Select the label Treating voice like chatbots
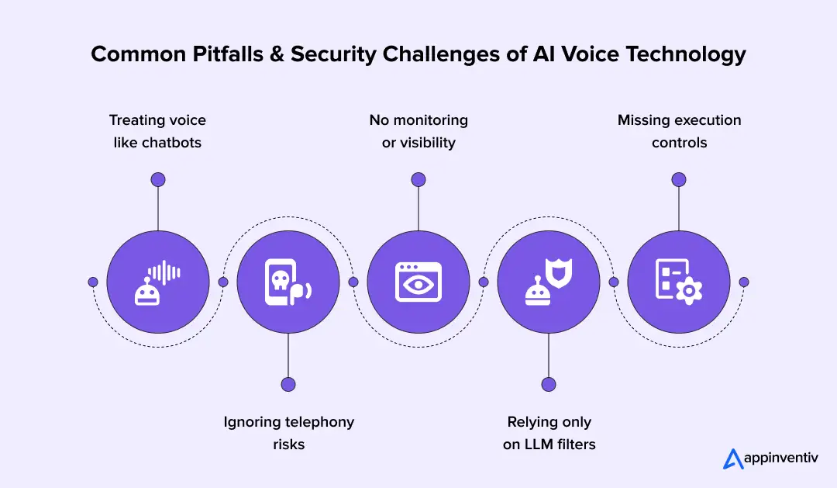point(157,131)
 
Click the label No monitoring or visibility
point(418,131)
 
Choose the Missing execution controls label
point(679,131)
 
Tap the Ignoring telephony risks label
point(288,433)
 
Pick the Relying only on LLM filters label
point(549,433)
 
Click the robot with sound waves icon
point(158,282)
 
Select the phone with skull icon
point(288,282)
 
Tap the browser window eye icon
point(418,282)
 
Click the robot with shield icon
point(549,282)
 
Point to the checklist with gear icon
point(679,282)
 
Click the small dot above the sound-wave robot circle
point(158,179)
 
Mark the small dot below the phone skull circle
point(288,384)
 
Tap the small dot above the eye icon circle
point(418,179)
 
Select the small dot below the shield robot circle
point(549,384)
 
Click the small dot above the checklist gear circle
point(679,179)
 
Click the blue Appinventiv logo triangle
point(733,459)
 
